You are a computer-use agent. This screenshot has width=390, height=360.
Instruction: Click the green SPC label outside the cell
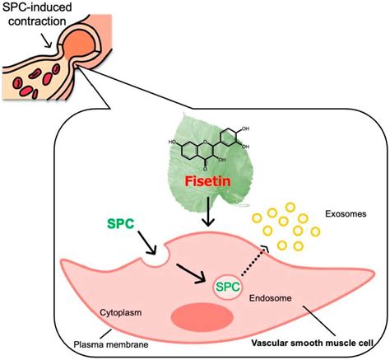click(121, 223)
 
